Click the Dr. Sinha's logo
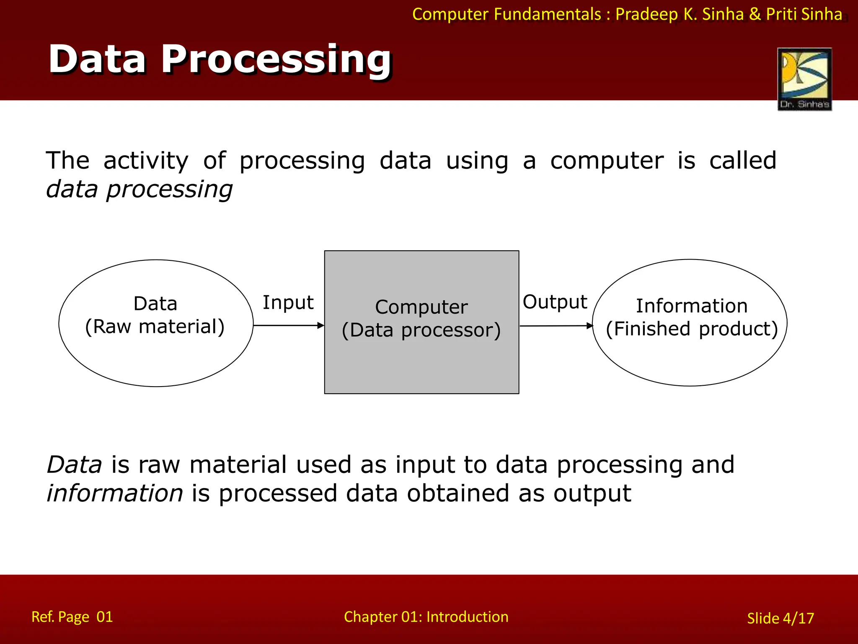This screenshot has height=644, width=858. (804, 79)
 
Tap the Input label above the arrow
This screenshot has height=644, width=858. (288, 303)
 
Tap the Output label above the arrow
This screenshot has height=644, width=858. (555, 302)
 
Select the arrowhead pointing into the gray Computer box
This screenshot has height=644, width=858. (321, 325)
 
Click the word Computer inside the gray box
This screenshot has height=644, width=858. (421, 307)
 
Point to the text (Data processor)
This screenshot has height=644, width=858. (421, 330)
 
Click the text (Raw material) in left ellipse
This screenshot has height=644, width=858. (155, 327)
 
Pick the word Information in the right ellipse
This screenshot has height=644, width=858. (692, 306)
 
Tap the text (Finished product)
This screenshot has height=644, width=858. (692, 329)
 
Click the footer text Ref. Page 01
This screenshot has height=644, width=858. (72, 617)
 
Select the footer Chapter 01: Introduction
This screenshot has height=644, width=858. (426, 617)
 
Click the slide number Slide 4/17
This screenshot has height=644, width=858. (780, 618)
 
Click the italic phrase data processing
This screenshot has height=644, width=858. (139, 190)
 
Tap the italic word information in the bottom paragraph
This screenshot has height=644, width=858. (115, 493)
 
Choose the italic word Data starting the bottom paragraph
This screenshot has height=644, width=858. (74, 465)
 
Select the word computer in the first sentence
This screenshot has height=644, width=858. (607, 161)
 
